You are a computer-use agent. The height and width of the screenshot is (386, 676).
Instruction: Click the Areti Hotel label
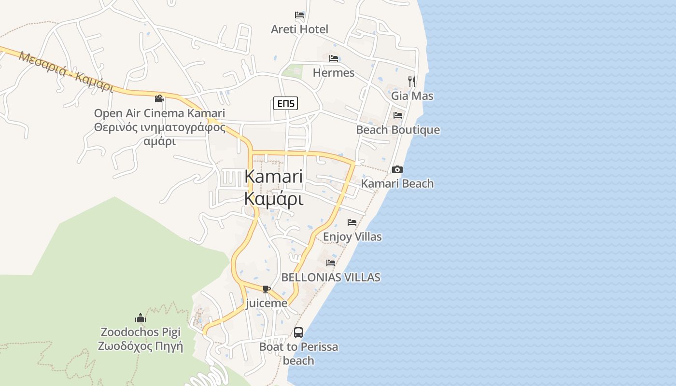pyautogui.click(x=299, y=29)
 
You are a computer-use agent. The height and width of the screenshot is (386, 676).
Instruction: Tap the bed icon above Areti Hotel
pyautogui.click(x=299, y=15)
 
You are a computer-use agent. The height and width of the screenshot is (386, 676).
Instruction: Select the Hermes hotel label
pyautogui.click(x=334, y=73)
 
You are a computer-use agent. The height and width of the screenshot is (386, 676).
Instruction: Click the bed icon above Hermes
pyautogui.click(x=334, y=58)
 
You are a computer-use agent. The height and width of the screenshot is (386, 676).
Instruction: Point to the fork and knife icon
pyautogui.click(x=411, y=81)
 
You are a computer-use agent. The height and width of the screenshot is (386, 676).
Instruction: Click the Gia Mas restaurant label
pyautogui.click(x=412, y=96)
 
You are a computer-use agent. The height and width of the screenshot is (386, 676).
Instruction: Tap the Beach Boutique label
pyautogui.click(x=398, y=130)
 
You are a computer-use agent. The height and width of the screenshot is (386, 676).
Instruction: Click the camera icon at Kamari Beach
pyautogui.click(x=397, y=169)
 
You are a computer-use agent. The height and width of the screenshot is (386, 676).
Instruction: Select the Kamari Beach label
pyautogui.click(x=397, y=183)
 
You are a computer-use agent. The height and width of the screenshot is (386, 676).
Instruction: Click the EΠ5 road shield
pyautogui.click(x=285, y=103)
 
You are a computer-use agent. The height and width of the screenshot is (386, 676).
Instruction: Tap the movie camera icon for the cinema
pyautogui.click(x=159, y=99)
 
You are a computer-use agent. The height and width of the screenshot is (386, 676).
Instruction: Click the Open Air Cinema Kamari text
pyautogui.click(x=159, y=113)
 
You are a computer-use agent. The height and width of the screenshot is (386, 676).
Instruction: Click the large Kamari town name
pyautogui.click(x=274, y=176)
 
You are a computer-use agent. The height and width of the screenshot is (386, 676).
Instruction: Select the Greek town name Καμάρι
pyautogui.click(x=274, y=198)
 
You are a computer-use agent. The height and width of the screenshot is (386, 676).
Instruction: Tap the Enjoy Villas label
pyautogui.click(x=352, y=237)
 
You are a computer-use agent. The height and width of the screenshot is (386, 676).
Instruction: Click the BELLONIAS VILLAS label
pyautogui.click(x=331, y=277)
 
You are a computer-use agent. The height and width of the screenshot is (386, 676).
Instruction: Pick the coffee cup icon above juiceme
pyautogui.click(x=266, y=289)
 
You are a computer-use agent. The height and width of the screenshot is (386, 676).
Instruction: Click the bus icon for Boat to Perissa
pyautogui.click(x=298, y=332)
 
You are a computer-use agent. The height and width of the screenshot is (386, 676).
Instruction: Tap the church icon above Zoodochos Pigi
pyautogui.click(x=141, y=318)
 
